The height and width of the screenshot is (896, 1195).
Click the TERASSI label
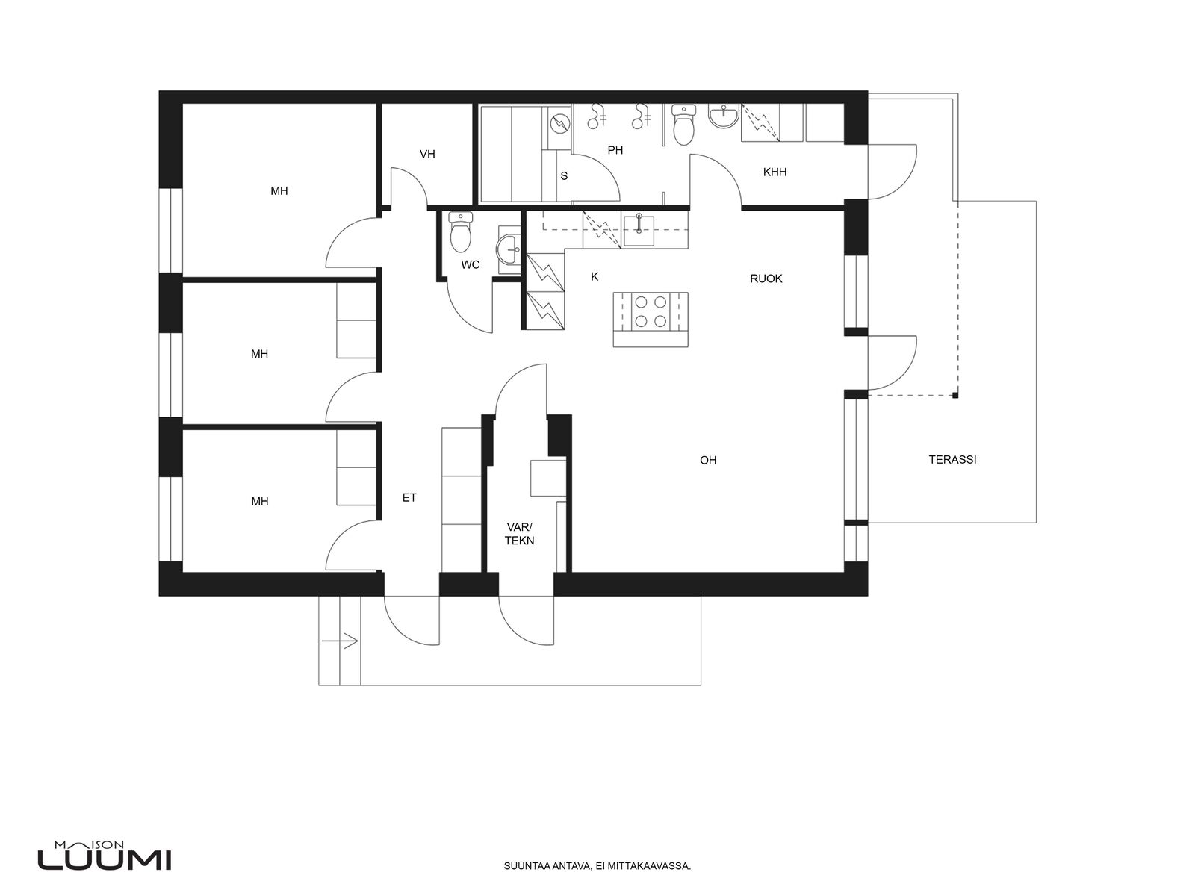[952, 460]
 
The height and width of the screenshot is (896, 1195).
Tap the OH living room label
[708, 460]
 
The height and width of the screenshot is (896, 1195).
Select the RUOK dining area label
[766, 279]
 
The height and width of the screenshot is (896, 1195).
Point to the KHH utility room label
[775, 172]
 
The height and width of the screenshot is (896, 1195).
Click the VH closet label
[427, 155]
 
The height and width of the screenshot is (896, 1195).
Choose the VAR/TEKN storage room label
[519, 534]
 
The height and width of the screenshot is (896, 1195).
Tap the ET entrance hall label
[409, 497]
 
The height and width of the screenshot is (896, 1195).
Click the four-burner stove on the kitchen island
[651, 311]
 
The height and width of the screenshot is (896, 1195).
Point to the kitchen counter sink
[638, 229]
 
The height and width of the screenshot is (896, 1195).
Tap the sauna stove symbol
[559, 125]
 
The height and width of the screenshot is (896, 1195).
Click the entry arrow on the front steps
[340, 641]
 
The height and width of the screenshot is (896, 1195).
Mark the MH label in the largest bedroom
[279, 191]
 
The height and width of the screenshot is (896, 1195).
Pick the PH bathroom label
[615, 150]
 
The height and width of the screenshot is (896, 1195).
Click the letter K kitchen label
[595, 277]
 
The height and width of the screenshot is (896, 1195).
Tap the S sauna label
[564, 175]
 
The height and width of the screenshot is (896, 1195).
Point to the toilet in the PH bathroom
[684, 125]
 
